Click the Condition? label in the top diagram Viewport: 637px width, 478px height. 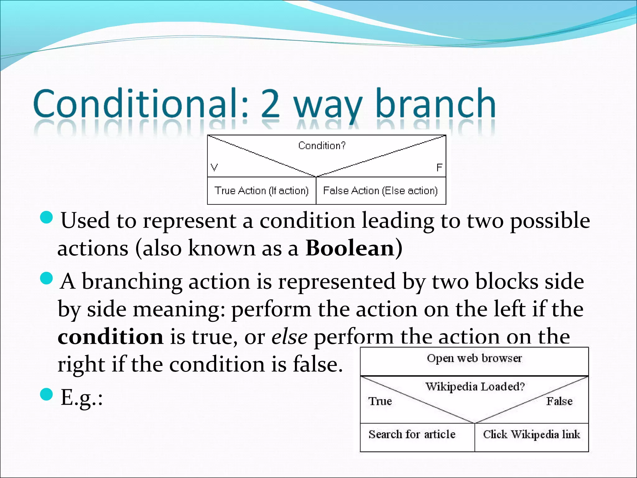point(322,146)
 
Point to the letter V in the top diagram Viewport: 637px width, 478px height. point(214,167)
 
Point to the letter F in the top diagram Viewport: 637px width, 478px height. point(439,168)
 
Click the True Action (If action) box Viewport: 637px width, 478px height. point(262,190)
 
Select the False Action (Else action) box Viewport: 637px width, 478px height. point(380,190)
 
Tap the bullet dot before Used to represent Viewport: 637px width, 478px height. point(47,217)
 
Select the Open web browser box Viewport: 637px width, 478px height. point(474,358)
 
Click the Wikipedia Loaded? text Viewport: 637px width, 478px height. point(475,387)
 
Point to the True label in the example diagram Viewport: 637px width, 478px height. point(380,401)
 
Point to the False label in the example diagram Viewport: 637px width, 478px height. point(559,401)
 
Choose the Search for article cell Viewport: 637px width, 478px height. point(412,434)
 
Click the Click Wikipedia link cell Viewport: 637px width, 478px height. point(531,434)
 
